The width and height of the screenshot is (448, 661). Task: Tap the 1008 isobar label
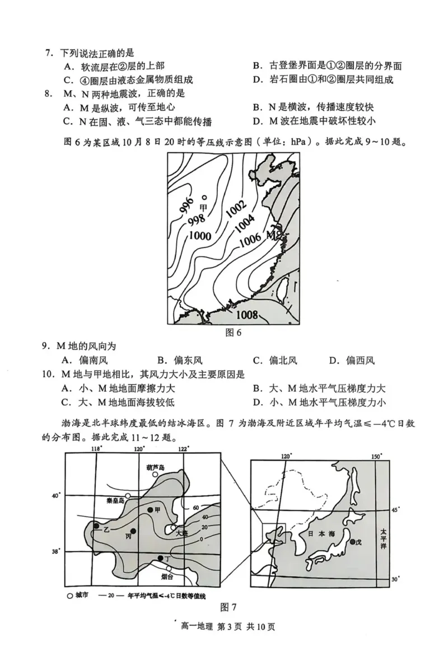click(x=242, y=315)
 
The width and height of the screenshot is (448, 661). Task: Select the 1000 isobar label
click(x=200, y=236)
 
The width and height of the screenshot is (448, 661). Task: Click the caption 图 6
click(x=232, y=332)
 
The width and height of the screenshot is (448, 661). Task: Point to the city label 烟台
click(x=167, y=576)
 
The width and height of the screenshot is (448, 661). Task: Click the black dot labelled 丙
click(x=133, y=531)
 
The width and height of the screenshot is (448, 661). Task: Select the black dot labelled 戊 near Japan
click(x=352, y=541)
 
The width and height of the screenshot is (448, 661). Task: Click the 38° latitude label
click(x=55, y=551)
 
